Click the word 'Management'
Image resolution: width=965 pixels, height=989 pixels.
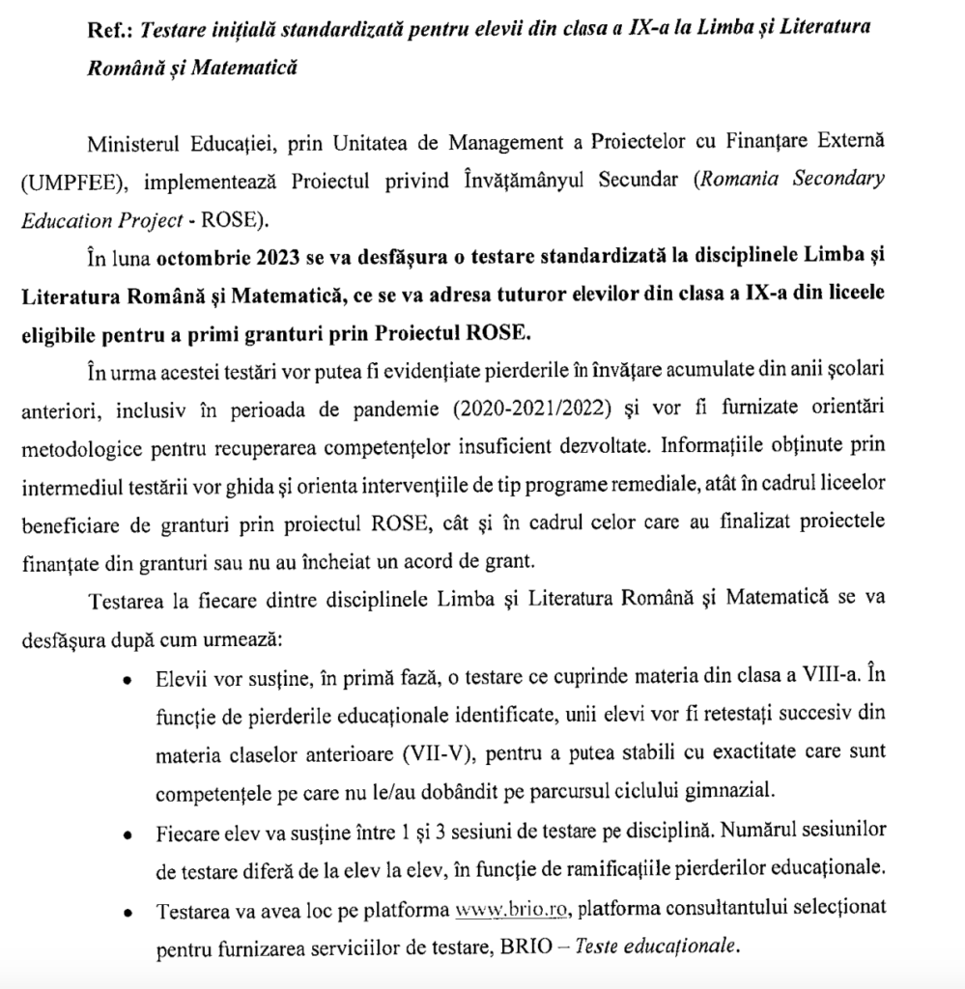(503, 144)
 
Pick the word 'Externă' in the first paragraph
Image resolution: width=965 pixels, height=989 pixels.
(848, 144)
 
